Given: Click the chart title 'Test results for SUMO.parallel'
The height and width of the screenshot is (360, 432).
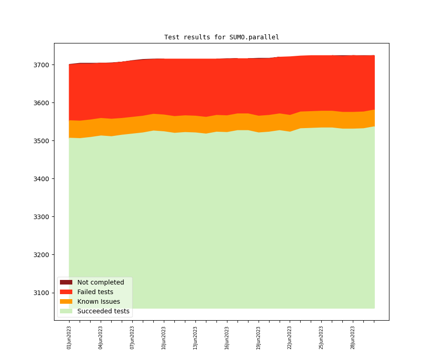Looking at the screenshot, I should click(x=221, y=37).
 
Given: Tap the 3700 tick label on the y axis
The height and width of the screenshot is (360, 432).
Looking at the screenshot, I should click(x=41, y=65).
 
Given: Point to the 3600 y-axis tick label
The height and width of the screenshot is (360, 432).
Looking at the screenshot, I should click(x=41, y=103).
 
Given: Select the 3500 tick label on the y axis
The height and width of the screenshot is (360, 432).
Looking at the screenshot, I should click(x=41, y=141).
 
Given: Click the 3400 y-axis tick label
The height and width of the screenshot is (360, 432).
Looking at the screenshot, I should click(x=41, y=179).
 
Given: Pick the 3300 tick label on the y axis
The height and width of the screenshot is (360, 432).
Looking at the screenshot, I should click(x=41, y=217).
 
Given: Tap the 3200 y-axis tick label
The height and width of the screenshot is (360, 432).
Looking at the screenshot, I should click(x=41, y=255).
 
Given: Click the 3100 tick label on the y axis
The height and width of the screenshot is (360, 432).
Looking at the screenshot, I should click(x=41, y=293).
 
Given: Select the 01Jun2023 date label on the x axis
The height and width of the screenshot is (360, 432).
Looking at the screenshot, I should click(x=69, y=338).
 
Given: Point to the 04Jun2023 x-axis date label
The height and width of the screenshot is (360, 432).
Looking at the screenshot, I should click(x=101, y=338).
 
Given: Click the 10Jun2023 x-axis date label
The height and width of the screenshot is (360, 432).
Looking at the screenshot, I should click(x=164, y=338).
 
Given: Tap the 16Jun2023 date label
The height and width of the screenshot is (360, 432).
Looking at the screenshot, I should click(x=227, y=338).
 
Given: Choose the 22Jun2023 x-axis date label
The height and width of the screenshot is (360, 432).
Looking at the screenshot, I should click(x=290, y=338).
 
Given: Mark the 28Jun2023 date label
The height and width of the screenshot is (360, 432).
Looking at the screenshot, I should click(x=353, y=338).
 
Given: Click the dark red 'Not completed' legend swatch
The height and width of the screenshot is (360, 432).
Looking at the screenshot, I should click(x=66, y=282).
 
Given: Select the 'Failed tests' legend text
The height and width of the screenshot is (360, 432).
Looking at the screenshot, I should click(x=95, y=292).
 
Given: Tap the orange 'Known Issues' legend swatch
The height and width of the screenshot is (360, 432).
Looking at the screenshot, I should click(x=66, y=301).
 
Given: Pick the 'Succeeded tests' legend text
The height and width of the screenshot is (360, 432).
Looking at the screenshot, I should click(x=103, y=311).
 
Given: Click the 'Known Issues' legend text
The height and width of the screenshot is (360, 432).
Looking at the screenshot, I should click(x=98, y=301).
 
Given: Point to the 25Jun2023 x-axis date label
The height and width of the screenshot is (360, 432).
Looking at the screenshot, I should click(x=321, y=338).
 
